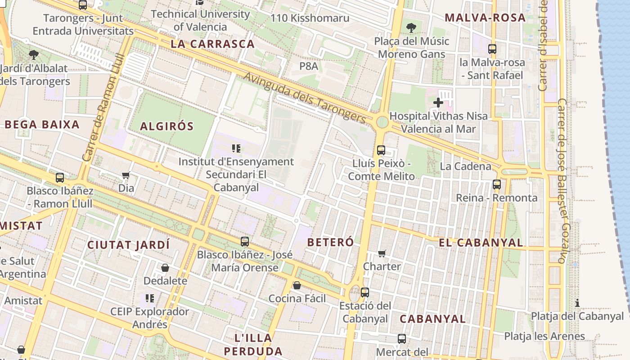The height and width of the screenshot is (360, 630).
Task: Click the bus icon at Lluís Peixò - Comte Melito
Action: click(x=381, y=150)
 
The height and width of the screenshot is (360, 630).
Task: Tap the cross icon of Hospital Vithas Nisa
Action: click(x=438, y=103)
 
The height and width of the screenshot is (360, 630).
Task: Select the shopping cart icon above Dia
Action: click(x=126, y=175)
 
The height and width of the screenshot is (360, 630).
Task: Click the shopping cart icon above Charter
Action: click(x=382, y=253)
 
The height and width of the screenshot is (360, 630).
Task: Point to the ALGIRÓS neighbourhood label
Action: click(x=166, y=126)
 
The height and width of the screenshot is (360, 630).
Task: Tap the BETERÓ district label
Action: click(x=330, y=242)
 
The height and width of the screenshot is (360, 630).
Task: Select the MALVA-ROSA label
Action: click(x=485, y=18)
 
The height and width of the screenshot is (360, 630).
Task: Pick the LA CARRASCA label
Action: click(x=213, y=44)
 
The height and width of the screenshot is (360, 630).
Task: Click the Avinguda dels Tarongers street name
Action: click(x=305, y=97)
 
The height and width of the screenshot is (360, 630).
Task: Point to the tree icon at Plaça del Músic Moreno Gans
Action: click(x=411, y=28)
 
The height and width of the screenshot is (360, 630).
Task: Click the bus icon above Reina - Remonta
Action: click(x=497, y=184)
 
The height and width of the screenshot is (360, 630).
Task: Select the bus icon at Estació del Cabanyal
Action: click(x=365, y=292)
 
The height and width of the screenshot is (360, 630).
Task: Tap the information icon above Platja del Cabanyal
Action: click(x=577, y=303)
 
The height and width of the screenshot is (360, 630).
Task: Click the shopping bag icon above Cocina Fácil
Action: click(x=297, y=285)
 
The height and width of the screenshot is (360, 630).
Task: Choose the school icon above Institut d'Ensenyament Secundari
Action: click(x=236, y=148)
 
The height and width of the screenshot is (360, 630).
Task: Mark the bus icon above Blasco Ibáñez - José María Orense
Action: click(x=245, y=242)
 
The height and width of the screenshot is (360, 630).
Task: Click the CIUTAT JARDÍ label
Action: click(x=128, y=245)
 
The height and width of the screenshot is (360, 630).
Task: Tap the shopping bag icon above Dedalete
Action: click(x=165, y=268)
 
